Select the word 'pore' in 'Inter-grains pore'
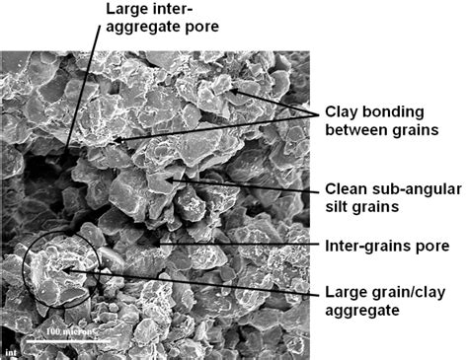tap(431, 245)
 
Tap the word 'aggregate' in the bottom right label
tap(365, 311)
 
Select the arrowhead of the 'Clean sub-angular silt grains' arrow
tap(171, 178)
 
